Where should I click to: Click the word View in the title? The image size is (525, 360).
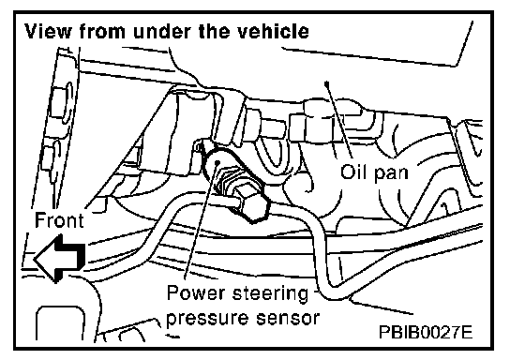(x=48, y=31)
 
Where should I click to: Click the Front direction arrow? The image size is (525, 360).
(x=59, y=259)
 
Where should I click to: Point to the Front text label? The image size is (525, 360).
(x=59, y=220)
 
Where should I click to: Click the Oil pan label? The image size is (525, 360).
(x=374, y=172)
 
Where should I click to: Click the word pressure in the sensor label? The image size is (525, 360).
(x=206, y=318)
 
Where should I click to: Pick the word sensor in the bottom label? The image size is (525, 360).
(x=287, y=318)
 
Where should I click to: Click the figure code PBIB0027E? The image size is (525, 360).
(x=426, y=332)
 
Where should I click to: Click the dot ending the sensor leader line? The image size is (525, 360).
(x=217, y=162)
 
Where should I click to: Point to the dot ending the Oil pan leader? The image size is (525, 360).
(x=327, y=82)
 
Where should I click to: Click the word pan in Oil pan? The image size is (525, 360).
(x=392, y=174)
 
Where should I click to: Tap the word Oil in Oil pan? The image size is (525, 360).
(x=352, y=172)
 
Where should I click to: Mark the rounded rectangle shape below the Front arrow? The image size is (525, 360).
(x=60, y=322)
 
